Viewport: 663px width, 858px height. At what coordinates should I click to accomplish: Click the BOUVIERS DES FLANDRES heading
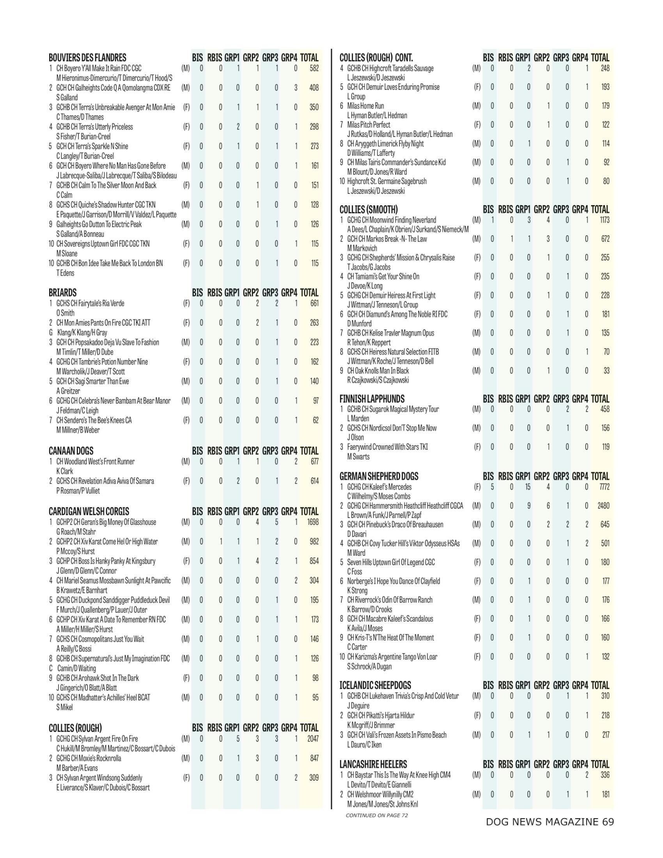tap(87, 58)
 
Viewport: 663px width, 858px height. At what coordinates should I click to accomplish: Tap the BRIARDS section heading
tap(62, 292)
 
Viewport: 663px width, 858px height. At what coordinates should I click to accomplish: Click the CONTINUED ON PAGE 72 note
tap(376, 815)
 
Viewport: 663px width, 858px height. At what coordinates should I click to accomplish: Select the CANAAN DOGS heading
tap(71, 451)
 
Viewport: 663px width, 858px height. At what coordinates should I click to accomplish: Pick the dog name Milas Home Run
tap(365, 106)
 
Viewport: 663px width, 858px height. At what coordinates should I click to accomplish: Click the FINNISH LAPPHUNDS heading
tap(372, 399)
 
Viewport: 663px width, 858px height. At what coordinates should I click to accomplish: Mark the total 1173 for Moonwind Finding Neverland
tap(604, 220)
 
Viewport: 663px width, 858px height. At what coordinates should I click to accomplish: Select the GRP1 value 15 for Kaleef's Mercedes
tap(528, 487)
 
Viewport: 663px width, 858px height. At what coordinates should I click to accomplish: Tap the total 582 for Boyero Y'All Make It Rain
tap(314, 68)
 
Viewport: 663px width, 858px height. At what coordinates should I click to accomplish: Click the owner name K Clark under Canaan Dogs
tap(64, 471)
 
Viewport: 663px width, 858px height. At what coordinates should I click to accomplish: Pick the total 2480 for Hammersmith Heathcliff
tap(603, 506)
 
